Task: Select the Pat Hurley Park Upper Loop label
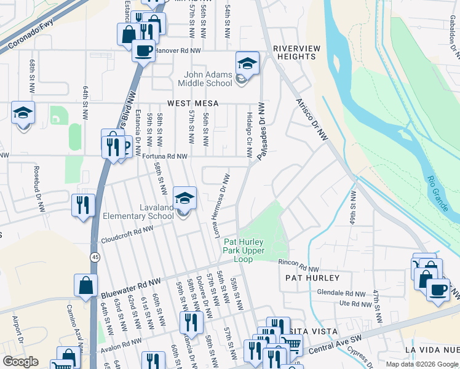[x=244, y=250]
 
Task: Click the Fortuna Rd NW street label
[x=156, y=157]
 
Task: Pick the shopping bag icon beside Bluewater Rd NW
[x=85, y=285]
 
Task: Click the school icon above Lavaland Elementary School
[x=184, y=198]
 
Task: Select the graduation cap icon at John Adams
[x=247, y=63]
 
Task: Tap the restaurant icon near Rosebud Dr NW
[x=83, y=204]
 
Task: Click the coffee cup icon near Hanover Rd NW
[x=143, y=50]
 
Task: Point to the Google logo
[x=20, y=362]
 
